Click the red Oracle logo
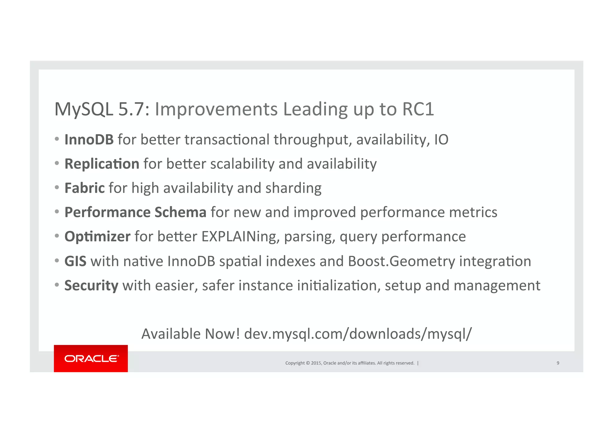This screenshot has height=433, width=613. click(91, 358)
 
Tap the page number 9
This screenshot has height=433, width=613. click(558, 363)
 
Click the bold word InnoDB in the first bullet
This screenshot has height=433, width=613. click(89, 139)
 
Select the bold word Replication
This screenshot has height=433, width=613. click(102, 164)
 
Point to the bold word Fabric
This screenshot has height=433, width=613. click(84, 188)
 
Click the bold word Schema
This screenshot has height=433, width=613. click(180, 212)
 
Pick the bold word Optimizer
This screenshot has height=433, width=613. click(97, 237)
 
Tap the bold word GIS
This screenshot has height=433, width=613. click(75, 261)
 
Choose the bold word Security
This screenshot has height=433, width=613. click(91, 285)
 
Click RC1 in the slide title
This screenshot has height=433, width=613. click(418, 109)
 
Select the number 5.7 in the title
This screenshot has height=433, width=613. click(131, 109)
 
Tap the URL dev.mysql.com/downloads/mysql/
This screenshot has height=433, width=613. click(358, 334)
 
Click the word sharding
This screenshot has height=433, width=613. click(293, 188)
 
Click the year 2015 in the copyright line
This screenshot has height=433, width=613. click(316, 363)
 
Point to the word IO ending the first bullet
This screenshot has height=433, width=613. click(441, 139)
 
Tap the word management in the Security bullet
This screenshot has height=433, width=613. click(497, 285)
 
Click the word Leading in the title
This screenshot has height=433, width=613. click(315, 109)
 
